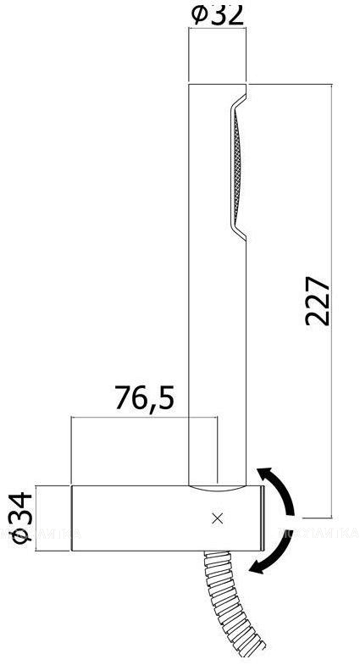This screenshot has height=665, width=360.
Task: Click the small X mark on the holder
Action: tap(218, 519)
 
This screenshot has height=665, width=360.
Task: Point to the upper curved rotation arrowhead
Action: tap(264, 474)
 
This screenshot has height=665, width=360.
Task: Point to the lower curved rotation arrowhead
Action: tap(257, 569)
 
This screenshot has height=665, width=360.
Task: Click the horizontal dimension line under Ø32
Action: tap(217, 30)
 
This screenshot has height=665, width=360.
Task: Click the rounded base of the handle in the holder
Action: tap(216, 488)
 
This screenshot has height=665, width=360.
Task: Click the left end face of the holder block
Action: tap(73, 519)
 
